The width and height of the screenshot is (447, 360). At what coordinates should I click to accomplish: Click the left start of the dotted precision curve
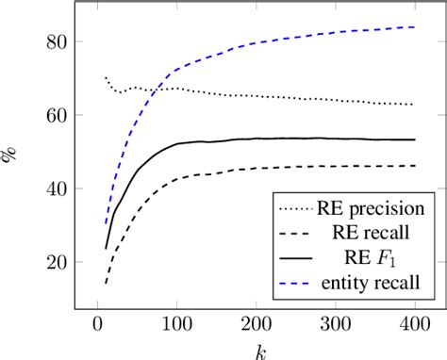coord(105,77)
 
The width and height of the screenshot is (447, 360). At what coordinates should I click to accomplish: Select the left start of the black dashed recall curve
coord(105,283)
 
